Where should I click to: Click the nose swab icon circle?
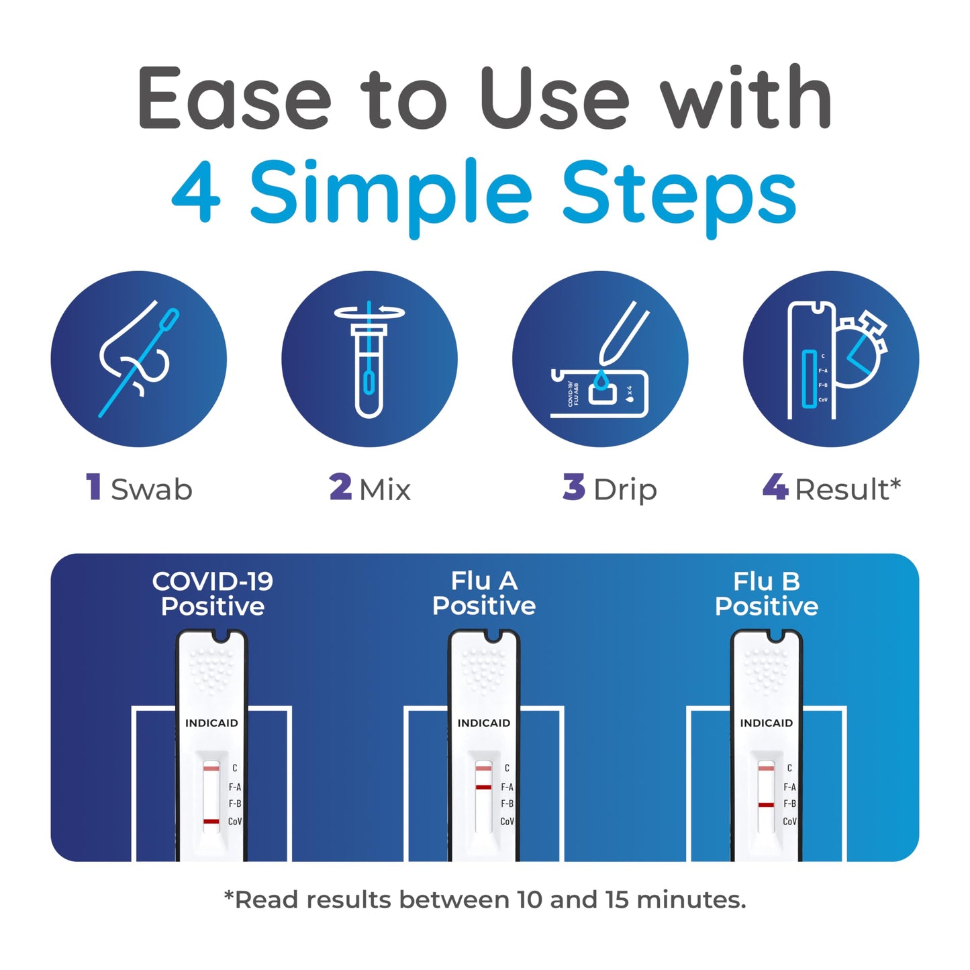139,359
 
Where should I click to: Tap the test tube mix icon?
369,359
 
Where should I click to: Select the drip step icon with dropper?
599,359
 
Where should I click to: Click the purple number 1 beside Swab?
94,487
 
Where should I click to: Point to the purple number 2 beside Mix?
340,487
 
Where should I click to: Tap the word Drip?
625,490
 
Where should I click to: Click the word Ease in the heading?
234,99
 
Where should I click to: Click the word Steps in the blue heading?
679,194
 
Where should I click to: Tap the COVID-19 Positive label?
213,594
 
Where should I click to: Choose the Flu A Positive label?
484,593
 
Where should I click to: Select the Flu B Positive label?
767,594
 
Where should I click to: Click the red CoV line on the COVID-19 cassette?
211,821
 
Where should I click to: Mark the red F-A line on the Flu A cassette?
483,787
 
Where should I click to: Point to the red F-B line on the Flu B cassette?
766,804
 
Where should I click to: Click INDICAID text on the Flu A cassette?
484,723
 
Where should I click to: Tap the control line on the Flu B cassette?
766,767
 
